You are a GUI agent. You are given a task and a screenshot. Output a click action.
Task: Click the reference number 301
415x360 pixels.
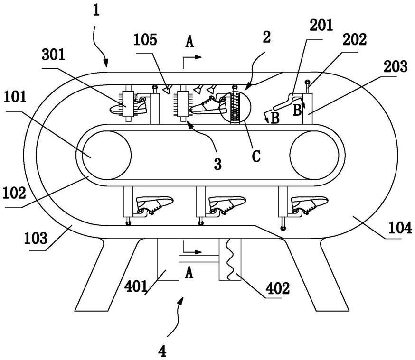pyautogui.click(x=53, y=55)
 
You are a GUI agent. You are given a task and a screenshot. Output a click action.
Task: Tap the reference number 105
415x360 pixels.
pyautogui.click(x=145, y=40)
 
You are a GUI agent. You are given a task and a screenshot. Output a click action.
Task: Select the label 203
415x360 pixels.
pyautogui.click(x=396, y=66)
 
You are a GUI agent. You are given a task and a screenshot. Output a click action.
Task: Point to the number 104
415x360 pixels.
pyautogui.click(x=400, y=228)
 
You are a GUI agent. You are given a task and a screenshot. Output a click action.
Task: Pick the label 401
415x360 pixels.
pyautogui.click(x=136, y=286)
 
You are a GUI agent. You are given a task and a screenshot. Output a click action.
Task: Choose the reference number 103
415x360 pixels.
pyautogui.click(x=36, y=238)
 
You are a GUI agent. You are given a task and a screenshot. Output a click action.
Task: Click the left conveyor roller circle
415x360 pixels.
pyautogui.click(x=107, y=155)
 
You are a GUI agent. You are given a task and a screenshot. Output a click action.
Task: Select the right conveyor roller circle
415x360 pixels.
pyautogui.click(x=314, y=155)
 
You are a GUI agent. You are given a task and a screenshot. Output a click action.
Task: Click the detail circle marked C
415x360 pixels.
pyautogui.click(x=236, y=107)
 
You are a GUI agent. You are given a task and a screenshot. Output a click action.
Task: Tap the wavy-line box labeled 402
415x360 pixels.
pyautogui.click(x=230, y=259)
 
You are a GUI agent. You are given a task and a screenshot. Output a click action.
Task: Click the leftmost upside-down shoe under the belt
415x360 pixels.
pyautogui.click(x=154, y=205)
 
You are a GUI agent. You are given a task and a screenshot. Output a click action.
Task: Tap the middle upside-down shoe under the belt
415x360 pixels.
pyautogui.click(x=227, y=205)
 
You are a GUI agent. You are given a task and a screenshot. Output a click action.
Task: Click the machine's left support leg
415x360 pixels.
pyautogui.click(x=107, y=274)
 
